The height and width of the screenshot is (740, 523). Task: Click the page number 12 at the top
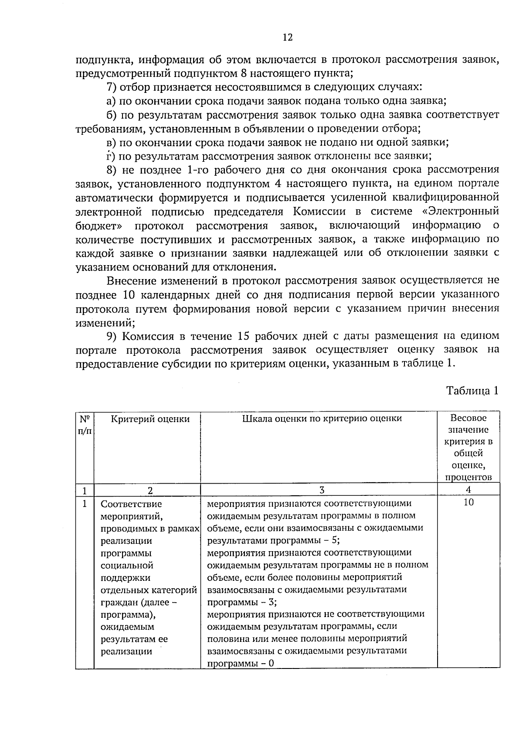(288, 38)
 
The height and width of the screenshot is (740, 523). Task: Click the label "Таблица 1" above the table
(472, 390)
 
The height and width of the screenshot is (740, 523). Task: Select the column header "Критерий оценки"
(150, 419)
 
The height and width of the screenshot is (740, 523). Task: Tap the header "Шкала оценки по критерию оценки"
(322, 419)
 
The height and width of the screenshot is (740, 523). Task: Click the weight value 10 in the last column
(469, 502)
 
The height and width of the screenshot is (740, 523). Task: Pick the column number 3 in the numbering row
(322, 490)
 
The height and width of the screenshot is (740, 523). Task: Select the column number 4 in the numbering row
(469, 490)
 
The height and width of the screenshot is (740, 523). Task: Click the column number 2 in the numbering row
(150, 491)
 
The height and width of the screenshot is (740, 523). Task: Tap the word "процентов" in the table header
(469, 477)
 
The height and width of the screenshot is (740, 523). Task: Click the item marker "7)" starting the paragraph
(112, 87)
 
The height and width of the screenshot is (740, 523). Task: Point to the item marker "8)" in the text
(112, 170)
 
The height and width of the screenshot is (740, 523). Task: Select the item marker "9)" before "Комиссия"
(112, 336)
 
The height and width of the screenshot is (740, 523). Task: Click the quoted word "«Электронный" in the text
(462, 211)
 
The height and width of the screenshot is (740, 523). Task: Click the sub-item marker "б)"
(112, 115)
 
